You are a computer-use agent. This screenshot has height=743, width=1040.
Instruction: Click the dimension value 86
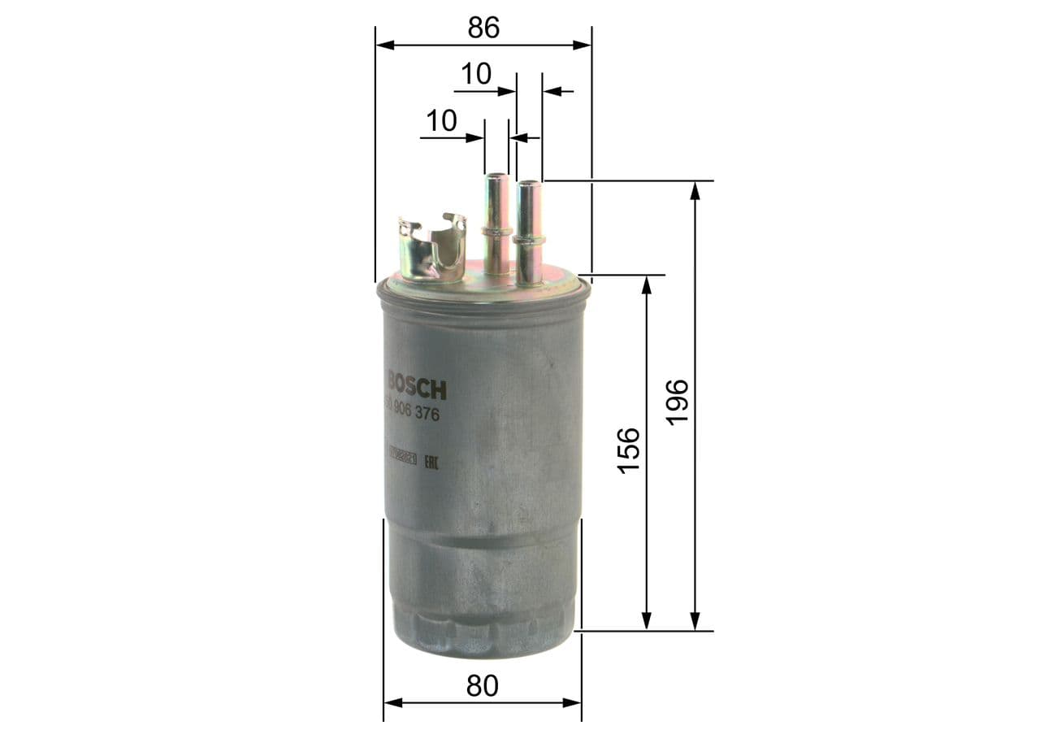pos(483,28)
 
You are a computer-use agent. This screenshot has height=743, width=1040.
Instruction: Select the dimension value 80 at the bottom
pos(482,686)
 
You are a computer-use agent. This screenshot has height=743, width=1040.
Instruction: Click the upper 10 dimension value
pos(476,75)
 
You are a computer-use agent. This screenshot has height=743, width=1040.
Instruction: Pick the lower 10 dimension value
pos(441,122)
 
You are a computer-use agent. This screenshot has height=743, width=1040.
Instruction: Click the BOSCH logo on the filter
pos(417,384)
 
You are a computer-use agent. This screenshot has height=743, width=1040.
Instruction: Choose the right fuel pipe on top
pos(530,232)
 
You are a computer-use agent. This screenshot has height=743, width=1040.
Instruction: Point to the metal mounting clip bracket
pos(430,248)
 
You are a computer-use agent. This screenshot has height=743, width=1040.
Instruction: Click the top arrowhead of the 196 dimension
pos(695,190)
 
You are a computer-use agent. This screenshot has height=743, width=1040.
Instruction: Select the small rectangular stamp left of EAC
pos(402,459)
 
